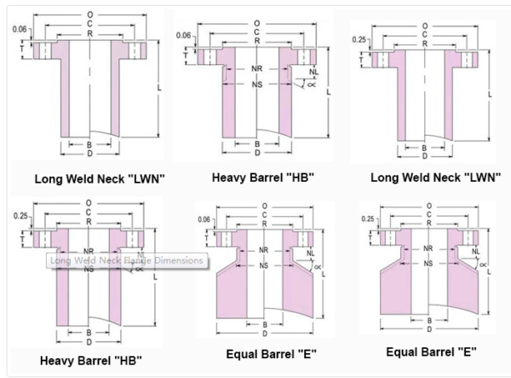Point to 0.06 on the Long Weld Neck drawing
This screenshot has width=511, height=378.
pyautogui.click(x=19, y=29)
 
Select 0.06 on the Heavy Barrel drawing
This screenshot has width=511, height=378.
pyautogui.click(x=183, y=35)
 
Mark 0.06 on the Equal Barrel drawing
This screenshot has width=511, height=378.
pyautogui.click(x=205, y=219)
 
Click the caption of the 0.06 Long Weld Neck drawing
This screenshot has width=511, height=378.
pyautogui.click(x=100, y=179)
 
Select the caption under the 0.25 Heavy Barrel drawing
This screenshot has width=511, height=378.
pyautogui.click(x=90, y=360)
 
